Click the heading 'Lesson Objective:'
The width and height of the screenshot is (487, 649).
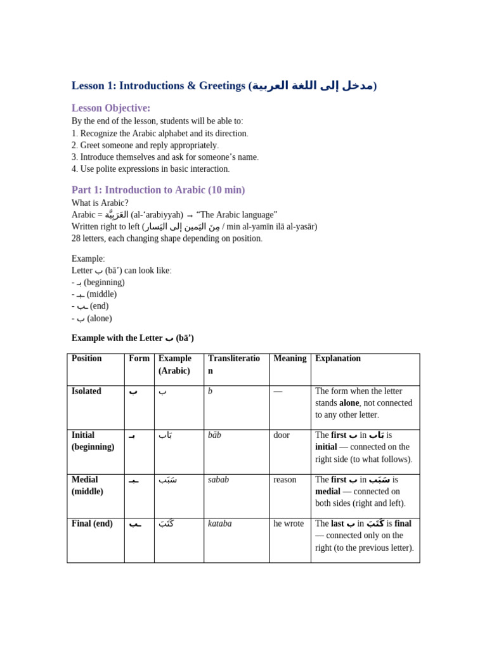[111, 108]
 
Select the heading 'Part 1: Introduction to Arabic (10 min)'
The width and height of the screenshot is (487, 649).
[158, 190]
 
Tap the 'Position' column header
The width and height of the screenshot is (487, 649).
[87, 359]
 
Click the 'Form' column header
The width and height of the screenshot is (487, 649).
[139, 359]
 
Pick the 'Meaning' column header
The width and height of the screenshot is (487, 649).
[290, 359]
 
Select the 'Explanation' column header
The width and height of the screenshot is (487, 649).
[338, 359]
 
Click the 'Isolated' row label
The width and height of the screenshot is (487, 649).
[87, 392]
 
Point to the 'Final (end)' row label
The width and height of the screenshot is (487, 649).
[93, 524]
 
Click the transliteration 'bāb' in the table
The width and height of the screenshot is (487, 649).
[214, 435]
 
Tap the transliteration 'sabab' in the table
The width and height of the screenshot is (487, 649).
[218, 480]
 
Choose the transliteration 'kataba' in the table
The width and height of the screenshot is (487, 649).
[220, 524]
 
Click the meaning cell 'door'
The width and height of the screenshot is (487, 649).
[282, 435]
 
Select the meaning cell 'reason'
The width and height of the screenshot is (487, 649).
[285, 480]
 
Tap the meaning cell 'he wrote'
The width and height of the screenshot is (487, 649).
[289, 524]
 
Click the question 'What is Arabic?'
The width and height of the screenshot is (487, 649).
[100, 203]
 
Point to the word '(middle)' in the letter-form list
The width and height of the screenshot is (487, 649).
[101, 294]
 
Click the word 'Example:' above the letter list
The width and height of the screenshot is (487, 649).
[88, 259]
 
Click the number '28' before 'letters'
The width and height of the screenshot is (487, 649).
[77, 238]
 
